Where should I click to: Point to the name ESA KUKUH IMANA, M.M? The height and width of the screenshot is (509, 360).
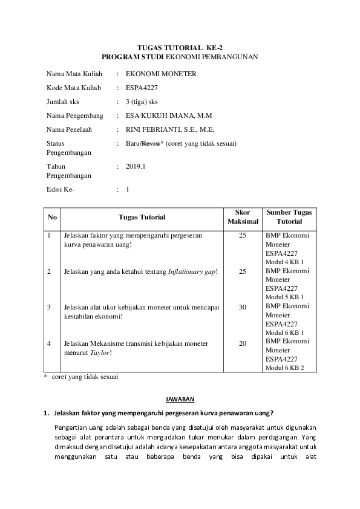(x=165, y=115)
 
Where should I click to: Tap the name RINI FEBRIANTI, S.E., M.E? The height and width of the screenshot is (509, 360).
(x=170, y=129)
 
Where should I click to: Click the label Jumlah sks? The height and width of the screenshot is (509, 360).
(x=63, y=102)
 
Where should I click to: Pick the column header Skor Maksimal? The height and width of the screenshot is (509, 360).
(x=242, y=217)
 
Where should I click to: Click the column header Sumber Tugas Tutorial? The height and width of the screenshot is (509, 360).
(x=289, y=217)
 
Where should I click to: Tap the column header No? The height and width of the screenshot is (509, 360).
(x=52, y=217)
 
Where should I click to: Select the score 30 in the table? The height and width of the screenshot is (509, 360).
(x=242, y=307)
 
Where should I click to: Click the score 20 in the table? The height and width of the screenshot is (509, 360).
(x=242, y=343)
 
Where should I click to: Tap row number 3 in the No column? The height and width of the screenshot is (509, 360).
(x=49, y=307)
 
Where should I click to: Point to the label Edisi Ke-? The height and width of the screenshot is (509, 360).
(x=60, y=190)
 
